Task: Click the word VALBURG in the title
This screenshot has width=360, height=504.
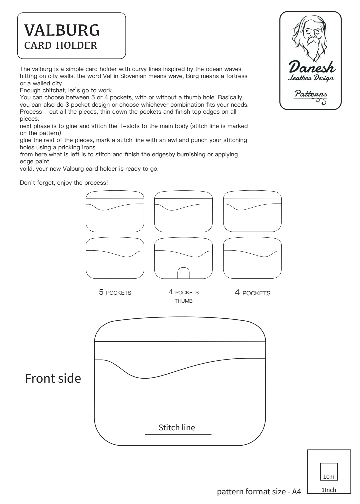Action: [62, 30]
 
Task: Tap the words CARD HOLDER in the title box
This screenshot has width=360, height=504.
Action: [61, 45]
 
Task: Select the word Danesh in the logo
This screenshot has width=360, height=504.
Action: [312, 67]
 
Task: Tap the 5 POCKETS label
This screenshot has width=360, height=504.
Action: [115, 293]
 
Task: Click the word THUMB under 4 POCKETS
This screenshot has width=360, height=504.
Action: [183, 301]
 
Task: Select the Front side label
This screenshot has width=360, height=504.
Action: [53, 378]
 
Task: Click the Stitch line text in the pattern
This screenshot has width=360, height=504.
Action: [177, 427]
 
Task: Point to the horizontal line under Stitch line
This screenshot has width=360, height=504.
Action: [178, 435]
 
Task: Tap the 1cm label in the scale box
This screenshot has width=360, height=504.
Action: [329, 477]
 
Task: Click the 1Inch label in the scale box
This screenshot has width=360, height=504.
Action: [329, 490]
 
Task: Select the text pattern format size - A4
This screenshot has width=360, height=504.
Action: [259, 491]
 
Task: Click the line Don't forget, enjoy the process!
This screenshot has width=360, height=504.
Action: [64, 183]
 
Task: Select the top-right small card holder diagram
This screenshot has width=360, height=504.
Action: [252, 212]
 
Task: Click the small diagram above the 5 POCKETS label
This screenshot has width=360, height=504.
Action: [115, 258]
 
